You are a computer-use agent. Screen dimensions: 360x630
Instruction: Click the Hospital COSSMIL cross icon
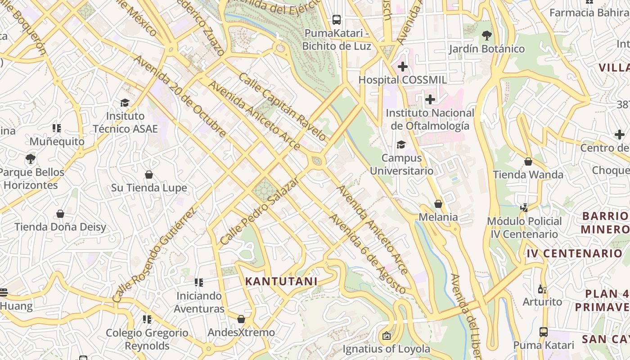[x=403, y=67]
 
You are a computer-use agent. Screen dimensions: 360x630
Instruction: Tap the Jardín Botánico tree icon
[x=486, y=35]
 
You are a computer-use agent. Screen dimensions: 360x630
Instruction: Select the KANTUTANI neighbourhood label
[x=281, y=281]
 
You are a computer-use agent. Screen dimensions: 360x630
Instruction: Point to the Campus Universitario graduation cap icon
[x=400, y=144]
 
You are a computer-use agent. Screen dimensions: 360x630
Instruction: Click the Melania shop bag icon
[x=438, y=204]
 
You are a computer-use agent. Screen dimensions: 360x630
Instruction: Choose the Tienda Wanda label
[x=528, y=175]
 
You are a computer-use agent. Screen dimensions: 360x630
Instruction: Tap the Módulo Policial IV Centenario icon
[x=524, y=208]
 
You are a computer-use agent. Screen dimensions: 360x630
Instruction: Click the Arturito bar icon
[x=542, y=289]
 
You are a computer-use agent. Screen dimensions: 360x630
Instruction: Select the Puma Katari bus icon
[x=544, y=332]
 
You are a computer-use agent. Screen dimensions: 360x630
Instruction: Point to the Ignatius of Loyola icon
[x=386, y=335]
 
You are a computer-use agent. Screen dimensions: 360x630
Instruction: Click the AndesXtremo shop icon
[x=241, y=319]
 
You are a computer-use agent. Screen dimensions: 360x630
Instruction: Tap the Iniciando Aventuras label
[x=199, y=302]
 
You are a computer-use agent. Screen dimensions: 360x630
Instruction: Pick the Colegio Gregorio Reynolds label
[x=147, y=339]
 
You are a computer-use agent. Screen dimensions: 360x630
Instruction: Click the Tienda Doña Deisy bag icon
[x=60, y=213]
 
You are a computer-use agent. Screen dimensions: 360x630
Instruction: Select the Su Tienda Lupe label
[x=149, y=188]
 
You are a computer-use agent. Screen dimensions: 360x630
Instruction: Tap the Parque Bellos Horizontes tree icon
[x=31, y=158]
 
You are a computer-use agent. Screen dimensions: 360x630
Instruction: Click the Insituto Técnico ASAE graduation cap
[x=125, y=103]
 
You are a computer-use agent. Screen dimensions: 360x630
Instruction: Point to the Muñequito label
[x=57, y=141]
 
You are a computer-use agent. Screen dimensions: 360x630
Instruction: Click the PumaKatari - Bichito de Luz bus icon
[x=337, y=19]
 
